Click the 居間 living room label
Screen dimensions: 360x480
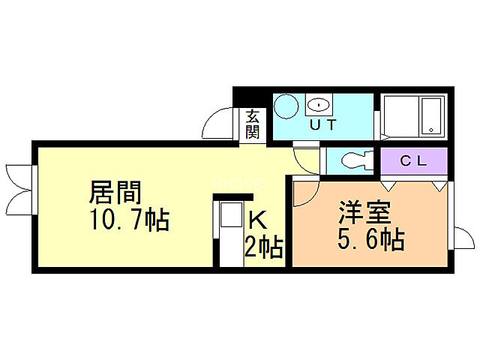(x=115, y=193)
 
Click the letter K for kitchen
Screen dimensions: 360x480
(x=256, y=220)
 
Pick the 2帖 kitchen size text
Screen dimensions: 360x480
(x=262, y=246)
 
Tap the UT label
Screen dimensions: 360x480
(x=322, y=124)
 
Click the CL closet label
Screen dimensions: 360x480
(x=413, y=160)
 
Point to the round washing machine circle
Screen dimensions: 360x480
(x=286, y=106)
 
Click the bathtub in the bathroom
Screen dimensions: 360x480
(x=431, y=117)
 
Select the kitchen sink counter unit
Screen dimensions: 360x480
(x=231, y=229)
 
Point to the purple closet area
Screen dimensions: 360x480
(x=413, y=160)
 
